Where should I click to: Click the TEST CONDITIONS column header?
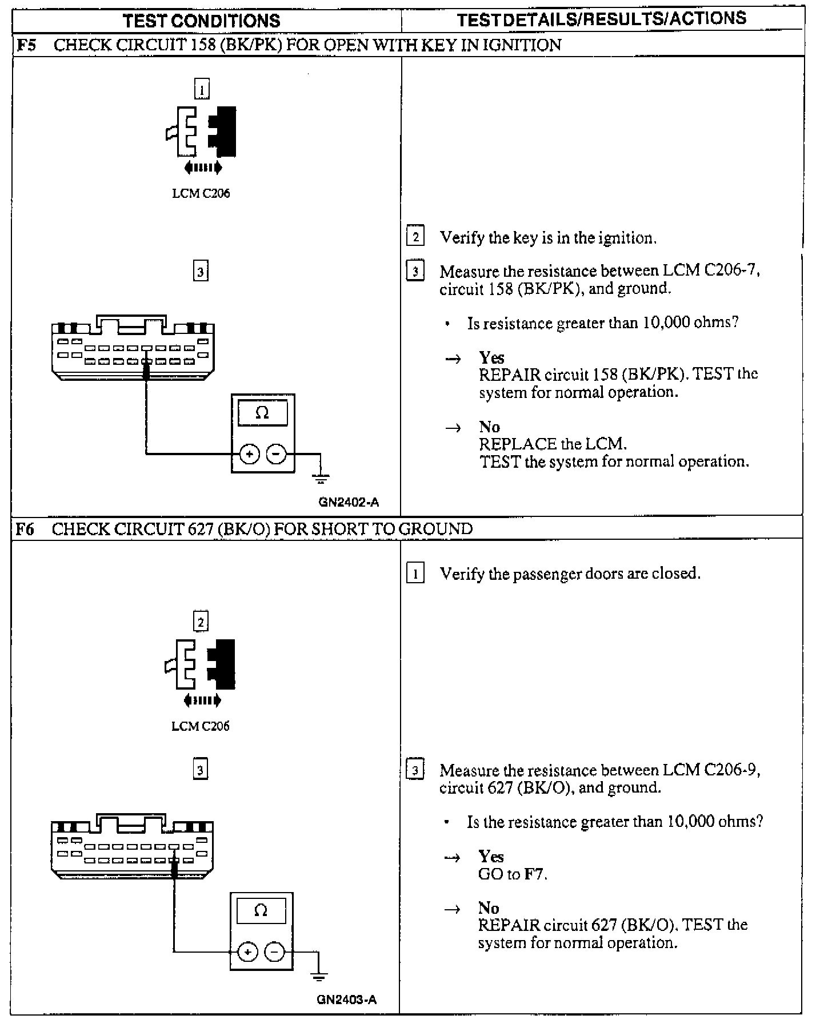point(201,21)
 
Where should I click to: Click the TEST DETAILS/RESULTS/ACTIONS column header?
point(602,19)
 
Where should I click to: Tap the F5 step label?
point(26,45)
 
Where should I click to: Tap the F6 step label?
point(25,529)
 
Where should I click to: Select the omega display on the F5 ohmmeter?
point(262,413)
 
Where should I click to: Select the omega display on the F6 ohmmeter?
point(261,910)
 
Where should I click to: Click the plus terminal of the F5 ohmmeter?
point(249,455)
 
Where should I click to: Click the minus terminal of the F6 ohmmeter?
point(275,952)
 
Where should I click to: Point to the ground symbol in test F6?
point(319,973)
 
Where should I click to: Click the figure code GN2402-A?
point(349,503)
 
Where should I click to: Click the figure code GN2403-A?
point(346,1000)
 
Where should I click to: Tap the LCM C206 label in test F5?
point(201,193)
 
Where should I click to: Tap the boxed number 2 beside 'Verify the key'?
point(415,237)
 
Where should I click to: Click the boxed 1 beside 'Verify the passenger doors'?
point(415,573)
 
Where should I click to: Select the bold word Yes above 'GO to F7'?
point(491,857)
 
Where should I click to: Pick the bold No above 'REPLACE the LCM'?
point(489,427)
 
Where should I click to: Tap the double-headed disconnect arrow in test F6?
point(202,700)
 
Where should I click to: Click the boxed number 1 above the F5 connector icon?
point(202,89)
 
